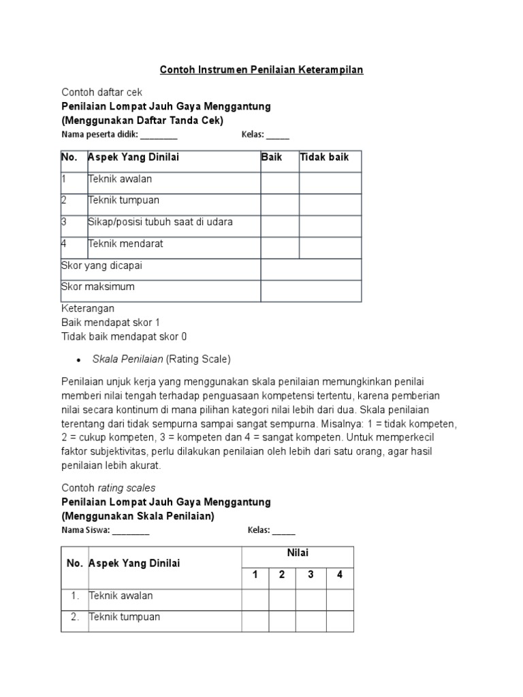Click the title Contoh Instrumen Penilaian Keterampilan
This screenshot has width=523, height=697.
pyautogui.click(x=261, y=69)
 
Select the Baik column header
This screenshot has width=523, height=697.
pyautogui.click(x=271, y=157)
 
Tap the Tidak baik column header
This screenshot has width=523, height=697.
pyautogui.click(x=324, y=157)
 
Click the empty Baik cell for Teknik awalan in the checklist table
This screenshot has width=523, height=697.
pyautogui.click(x=280, y=182)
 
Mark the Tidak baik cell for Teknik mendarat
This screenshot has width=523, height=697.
pyautogui.click(x=330, y=247)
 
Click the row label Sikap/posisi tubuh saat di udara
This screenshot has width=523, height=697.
pyautogui.click(x=160, y=222)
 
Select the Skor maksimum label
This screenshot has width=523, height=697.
pyautogui.click(x=98, y=287)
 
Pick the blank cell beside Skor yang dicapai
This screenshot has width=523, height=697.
pyautogui.click(x=311, y=269)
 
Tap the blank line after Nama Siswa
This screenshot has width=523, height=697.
pyautogui.click(x=131, y=530)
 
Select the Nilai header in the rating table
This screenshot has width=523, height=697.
pyautogui.click(x=298, y=553)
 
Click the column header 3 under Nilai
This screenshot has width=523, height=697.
pyautogui.click(x=311, y=574)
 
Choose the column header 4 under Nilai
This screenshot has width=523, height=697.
pyautogui.click(x=339, y=574)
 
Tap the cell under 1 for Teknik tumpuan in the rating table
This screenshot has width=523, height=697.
pyautogui.click(x=255, y=620)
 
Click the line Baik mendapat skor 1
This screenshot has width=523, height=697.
pyautogui.click(x=110, y=322)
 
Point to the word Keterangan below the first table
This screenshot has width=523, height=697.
pyautogui.click(x=88, y=308)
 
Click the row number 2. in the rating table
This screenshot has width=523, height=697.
pyautogui.click(x=75, y=617)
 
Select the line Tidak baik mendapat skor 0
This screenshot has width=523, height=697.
pyautogui.click(x=124, y=336)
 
